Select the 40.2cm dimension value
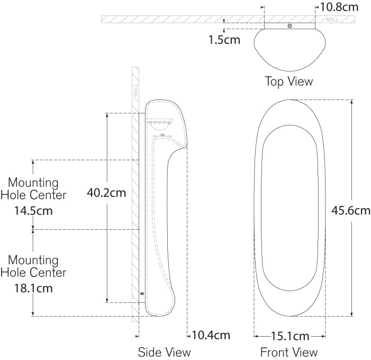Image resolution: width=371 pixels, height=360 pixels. click(106, 193)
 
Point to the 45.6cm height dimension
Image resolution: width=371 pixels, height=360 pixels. click(350, 210)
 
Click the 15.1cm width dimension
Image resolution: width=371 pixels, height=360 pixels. click(289, 336)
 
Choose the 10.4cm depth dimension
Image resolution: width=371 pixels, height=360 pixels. click(211, 335)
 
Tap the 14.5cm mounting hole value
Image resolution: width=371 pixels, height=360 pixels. click(33, 211)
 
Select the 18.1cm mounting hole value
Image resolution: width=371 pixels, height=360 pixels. click(33, 289)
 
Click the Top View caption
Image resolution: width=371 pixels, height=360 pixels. click(288, 82)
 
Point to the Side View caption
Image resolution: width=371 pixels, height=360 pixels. click(164, 352)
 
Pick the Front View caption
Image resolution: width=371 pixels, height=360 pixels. click(289, 352)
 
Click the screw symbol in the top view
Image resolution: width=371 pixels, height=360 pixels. click(289, 26)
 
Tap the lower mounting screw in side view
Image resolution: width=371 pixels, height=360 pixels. click(142, 294)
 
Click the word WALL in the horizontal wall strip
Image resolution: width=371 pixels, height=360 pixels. click(332, 20)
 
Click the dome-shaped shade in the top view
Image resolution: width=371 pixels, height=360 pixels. click(289, 50)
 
